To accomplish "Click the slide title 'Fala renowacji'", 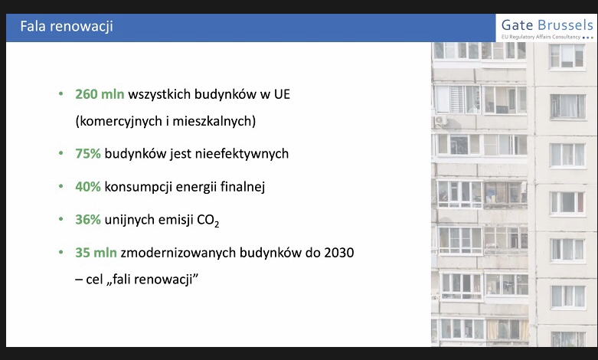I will point(67,27).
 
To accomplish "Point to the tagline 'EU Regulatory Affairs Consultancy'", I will point(541,37).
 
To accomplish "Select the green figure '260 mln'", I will point(100,94).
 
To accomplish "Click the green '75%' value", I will point(88,153).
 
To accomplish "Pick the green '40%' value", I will point(88,186).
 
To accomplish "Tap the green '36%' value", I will point(88,219).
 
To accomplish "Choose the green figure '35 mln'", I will point(96,252).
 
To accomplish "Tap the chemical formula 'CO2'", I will point(211,220).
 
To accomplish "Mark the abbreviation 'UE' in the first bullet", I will point(281,94).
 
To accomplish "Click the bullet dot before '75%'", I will point(60,153).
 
